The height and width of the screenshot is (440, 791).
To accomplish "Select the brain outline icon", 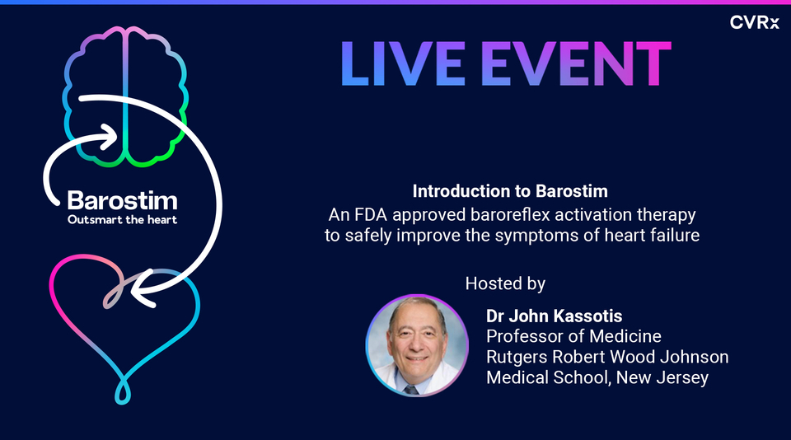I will coord(125,97).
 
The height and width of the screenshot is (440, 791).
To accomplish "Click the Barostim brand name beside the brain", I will coord(122,201).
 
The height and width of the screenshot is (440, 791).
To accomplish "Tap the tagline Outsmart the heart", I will coord(122,220).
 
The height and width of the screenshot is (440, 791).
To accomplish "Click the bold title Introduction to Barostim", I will coord(510,192).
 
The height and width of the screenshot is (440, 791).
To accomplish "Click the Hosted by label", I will coord(505,283).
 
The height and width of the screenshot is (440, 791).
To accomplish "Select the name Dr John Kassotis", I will coord(555,315).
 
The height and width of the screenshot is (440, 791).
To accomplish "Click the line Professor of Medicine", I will coord(573,336).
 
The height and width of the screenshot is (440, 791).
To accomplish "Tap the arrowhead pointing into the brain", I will coord(110,137).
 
